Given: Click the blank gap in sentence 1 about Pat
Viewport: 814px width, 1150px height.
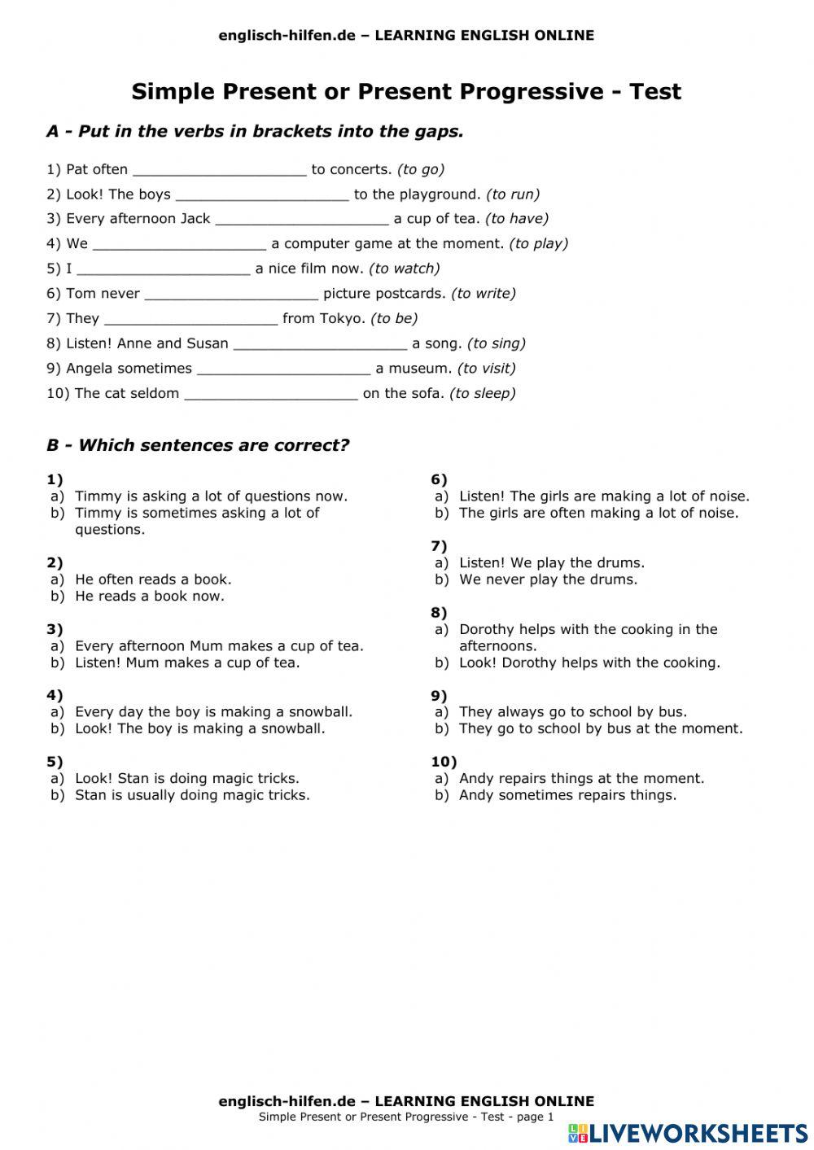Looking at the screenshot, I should (x=219, y=170).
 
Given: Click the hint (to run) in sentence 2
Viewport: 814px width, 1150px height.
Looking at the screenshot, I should (x=513, y=195).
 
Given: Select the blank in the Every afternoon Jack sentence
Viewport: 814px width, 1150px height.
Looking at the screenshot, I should (x=302, y=220).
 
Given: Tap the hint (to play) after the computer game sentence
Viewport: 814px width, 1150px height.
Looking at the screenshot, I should (x=538, y=244).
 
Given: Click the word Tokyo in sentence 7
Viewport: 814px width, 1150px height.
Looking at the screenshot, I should (x=342, y=319).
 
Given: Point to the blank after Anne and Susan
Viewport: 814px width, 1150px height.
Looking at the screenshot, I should (x=320, y=344).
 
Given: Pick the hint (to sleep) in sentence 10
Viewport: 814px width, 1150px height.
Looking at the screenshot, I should (x=483, y=394).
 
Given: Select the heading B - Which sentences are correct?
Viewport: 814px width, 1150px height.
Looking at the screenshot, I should (x=198, y=446).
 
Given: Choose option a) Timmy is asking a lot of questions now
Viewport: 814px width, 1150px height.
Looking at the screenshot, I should (x=211, y=496).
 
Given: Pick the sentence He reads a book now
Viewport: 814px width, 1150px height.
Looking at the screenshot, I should (x=150, y=597).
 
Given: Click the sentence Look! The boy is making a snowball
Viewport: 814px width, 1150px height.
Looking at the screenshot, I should (x=200, y=729).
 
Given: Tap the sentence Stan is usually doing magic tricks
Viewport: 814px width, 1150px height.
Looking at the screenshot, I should (x=192, y=795).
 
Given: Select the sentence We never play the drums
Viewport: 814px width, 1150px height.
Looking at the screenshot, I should (x=548, y=580).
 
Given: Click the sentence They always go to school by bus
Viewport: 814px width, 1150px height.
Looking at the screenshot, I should (x=572, y=712).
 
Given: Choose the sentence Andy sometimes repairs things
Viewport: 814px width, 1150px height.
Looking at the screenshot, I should (x=567, y=795).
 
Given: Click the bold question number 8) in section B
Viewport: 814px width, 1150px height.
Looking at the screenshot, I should (x=439, y=613).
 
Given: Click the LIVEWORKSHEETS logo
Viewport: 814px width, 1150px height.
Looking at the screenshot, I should (x=688, y=1132).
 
